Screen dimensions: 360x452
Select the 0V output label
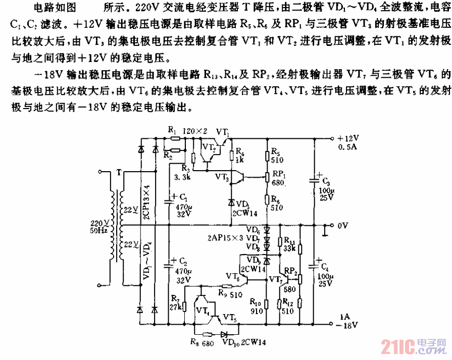tap(343, 225)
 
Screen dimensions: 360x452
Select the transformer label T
tap(119, 173)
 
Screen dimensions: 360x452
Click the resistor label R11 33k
tap(290, 244)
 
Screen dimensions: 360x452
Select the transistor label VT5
tap(229, 320)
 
